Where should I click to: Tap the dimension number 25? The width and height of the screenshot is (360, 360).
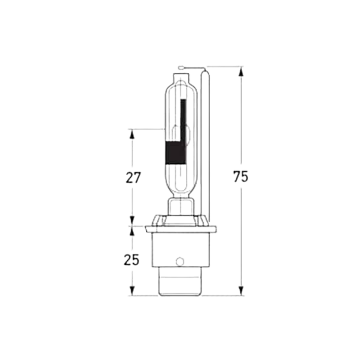click(132, 260)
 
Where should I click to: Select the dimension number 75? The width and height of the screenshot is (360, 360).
click(241, 177)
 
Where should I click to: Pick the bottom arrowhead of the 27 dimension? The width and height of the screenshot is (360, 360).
click(132, 221)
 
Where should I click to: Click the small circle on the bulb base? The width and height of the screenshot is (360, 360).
click(180, 261)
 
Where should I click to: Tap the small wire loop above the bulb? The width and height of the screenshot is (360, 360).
click(182, 68)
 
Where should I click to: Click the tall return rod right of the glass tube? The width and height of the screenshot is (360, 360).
click(205, 144)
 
